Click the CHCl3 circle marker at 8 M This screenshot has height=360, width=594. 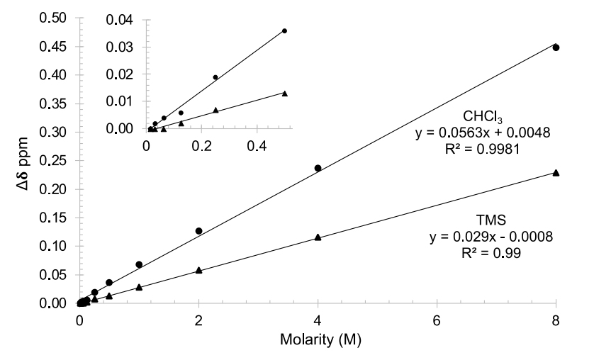(x=556, y=47)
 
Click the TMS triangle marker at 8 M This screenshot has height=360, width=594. (x=556, y=173)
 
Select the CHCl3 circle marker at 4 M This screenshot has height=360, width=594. (x=318, y=168)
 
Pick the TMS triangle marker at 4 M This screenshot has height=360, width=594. (x=318, y=237)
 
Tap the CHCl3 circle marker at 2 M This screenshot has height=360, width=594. (x=198, y=231)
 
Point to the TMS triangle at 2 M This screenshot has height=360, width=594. (x=198, y=270)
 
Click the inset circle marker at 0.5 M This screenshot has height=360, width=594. (x=284, y=30)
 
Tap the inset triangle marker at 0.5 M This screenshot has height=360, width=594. (x=284, y=94)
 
